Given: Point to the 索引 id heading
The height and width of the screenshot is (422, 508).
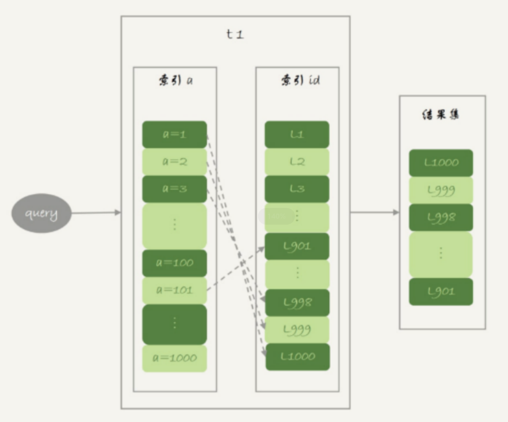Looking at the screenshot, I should [x=297, y=81].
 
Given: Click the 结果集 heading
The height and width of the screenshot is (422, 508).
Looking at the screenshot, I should [x=442, y=115].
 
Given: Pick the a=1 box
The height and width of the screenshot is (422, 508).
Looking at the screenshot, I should [x=174, y=134].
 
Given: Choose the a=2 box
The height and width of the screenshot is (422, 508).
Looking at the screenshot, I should [x=174, y=162].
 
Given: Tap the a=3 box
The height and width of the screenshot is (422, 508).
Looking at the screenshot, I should [x=174, y=189].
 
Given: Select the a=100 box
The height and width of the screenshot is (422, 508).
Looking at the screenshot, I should [x=174, y=263].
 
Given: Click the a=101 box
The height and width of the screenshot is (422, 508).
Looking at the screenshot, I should [x=174, y=290].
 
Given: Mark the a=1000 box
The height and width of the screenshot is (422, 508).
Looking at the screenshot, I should [x=174, y=358].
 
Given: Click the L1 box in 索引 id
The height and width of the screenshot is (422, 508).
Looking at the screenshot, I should [x=297, y=134].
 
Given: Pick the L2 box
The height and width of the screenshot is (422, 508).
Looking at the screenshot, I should [x=297, y=162].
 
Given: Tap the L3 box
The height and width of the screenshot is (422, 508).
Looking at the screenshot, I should [x=297, y=189].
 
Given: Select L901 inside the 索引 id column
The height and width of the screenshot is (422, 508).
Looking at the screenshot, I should [x=297, y=246].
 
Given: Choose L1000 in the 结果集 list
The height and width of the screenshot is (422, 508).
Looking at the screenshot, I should [x=441, y=163].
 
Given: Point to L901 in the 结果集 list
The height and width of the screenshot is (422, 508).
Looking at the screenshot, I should [x=441, y=291].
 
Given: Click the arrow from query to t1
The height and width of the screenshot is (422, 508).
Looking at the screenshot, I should [x=96, y=213].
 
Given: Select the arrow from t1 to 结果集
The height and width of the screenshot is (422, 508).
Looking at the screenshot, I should [x=374, y=212].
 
